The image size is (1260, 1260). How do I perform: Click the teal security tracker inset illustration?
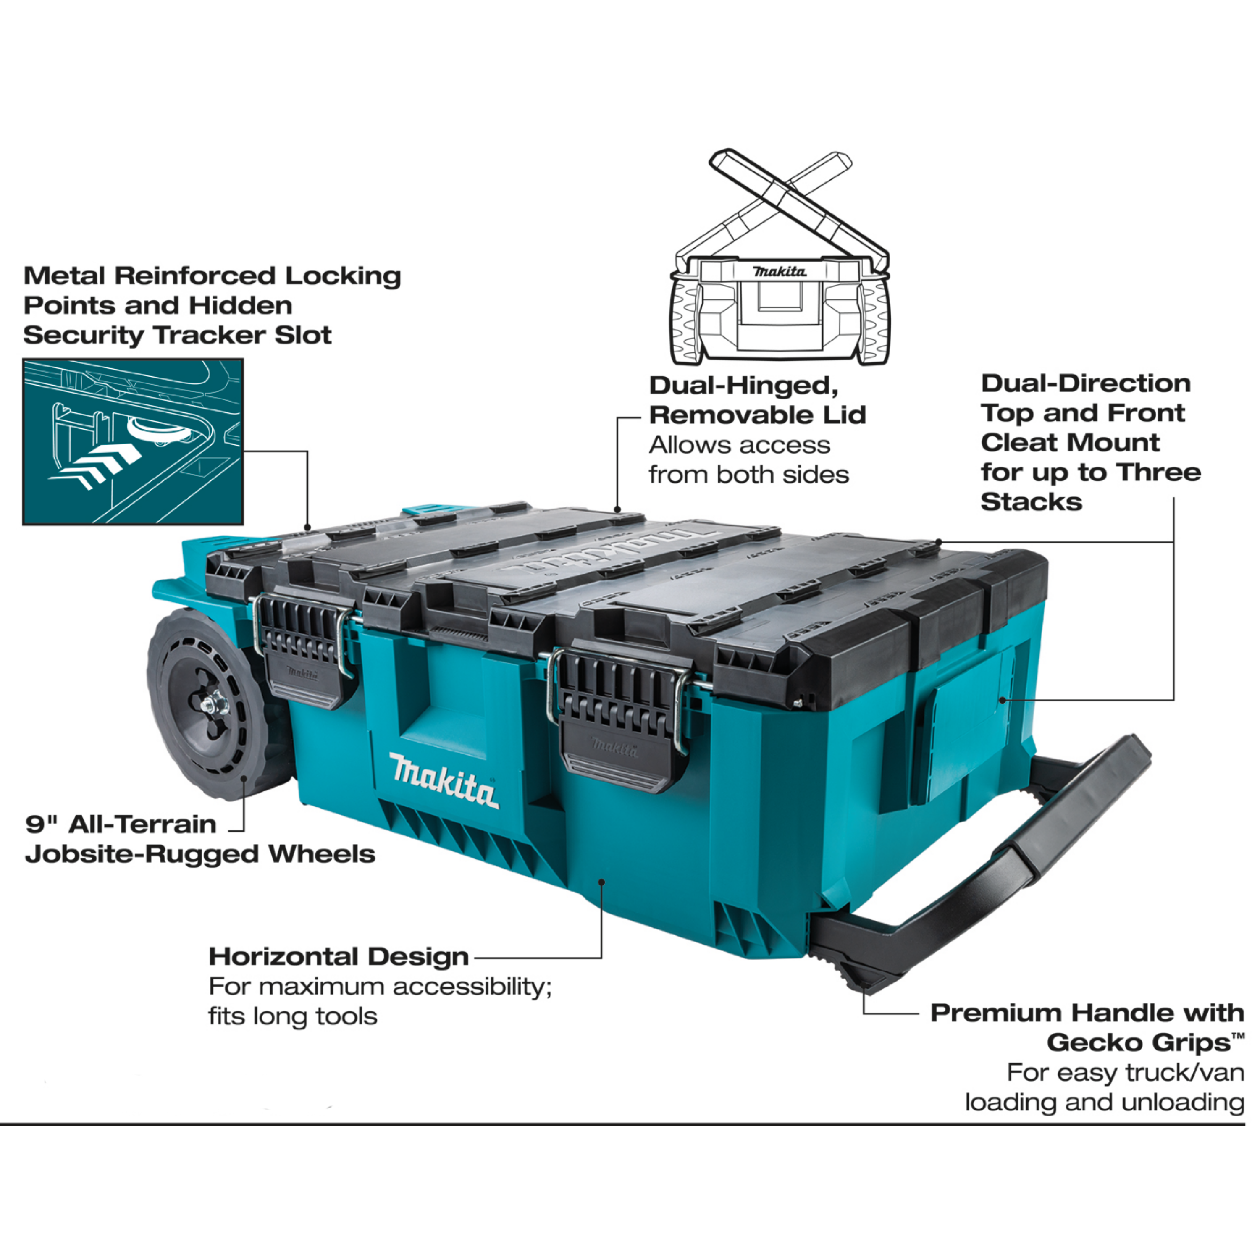click(133, 441)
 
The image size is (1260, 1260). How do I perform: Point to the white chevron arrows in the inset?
click(98, 466)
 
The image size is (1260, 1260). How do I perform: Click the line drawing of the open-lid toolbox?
click(780, 261)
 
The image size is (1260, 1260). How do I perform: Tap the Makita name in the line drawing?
click(780, 271)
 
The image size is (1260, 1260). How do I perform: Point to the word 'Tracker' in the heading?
click(211, 335)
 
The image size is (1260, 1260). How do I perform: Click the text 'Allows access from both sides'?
click(748, 460)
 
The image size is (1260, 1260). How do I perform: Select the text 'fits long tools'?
click(293, 1016)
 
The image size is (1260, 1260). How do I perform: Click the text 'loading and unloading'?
click(1104, 1102)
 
